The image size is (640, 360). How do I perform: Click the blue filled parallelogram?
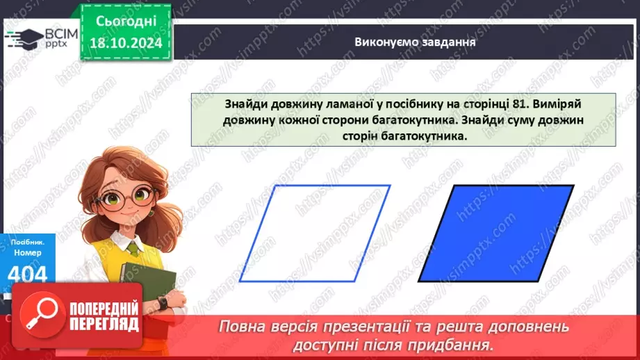pyautogui.click(x=495, y=233)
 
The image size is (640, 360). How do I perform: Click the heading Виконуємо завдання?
pyautogui.click(x=405, y=41)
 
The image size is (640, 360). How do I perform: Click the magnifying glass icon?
pyautogui.click(x=41, y=315)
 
